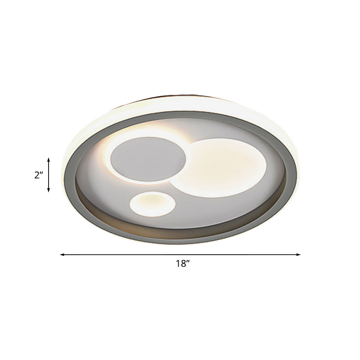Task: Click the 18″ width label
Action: (x=182, y=264)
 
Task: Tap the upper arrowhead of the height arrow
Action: (x=49, y=159)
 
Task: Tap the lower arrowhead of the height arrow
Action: (x=49, y=190)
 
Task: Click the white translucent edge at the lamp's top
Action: (x=180, y=102)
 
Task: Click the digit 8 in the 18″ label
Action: (x=181, y=264)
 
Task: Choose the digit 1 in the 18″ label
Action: (x=177, y=264)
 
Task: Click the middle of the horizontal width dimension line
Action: (x=180, y=255)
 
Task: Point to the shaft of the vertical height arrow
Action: (x=49, y=175)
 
